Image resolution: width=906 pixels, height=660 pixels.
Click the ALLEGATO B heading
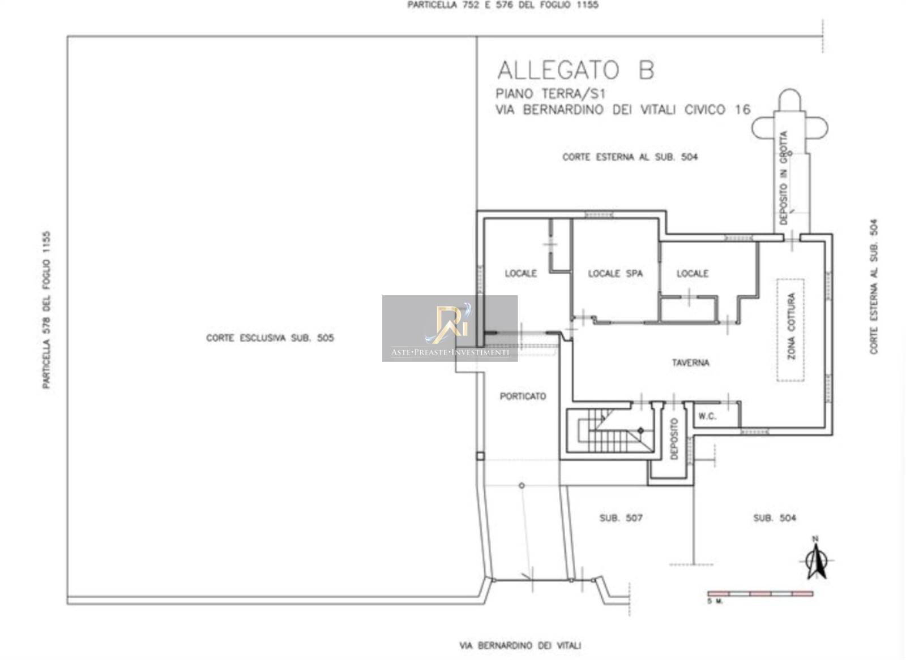tap(575, 70)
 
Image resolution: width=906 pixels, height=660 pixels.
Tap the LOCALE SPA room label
tap(615, 274)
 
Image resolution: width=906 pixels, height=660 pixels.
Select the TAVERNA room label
tap(690, 363)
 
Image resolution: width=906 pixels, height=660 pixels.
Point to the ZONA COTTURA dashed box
tap(790, 330)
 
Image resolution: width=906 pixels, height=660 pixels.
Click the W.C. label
tap(707, 416)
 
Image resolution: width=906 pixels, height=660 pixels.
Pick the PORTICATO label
tap(523, 396)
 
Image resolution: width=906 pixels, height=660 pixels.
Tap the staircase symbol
tap(609, 430)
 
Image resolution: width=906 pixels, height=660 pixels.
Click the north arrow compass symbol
tap(816, 560)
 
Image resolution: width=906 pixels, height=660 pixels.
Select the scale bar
tap(760, 594)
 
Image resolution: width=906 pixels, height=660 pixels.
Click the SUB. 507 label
tap(621, 518)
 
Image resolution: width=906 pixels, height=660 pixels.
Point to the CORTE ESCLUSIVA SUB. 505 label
tap(270, 338)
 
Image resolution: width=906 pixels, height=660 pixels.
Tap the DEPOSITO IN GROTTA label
tap(784, 178)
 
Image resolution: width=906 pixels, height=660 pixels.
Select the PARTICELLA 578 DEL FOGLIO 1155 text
tap(47, 310)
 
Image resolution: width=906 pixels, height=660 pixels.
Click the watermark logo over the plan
tap(450, 329)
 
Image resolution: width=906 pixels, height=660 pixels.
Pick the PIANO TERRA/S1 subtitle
tap(551, 94)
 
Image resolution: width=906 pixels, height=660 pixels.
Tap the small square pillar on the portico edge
tap(480, 456)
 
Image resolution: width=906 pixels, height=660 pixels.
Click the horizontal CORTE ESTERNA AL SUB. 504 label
tap(630, 157)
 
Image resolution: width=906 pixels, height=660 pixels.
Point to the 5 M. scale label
tap(715, 601)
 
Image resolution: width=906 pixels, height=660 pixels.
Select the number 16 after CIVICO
tap(742, 110)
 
